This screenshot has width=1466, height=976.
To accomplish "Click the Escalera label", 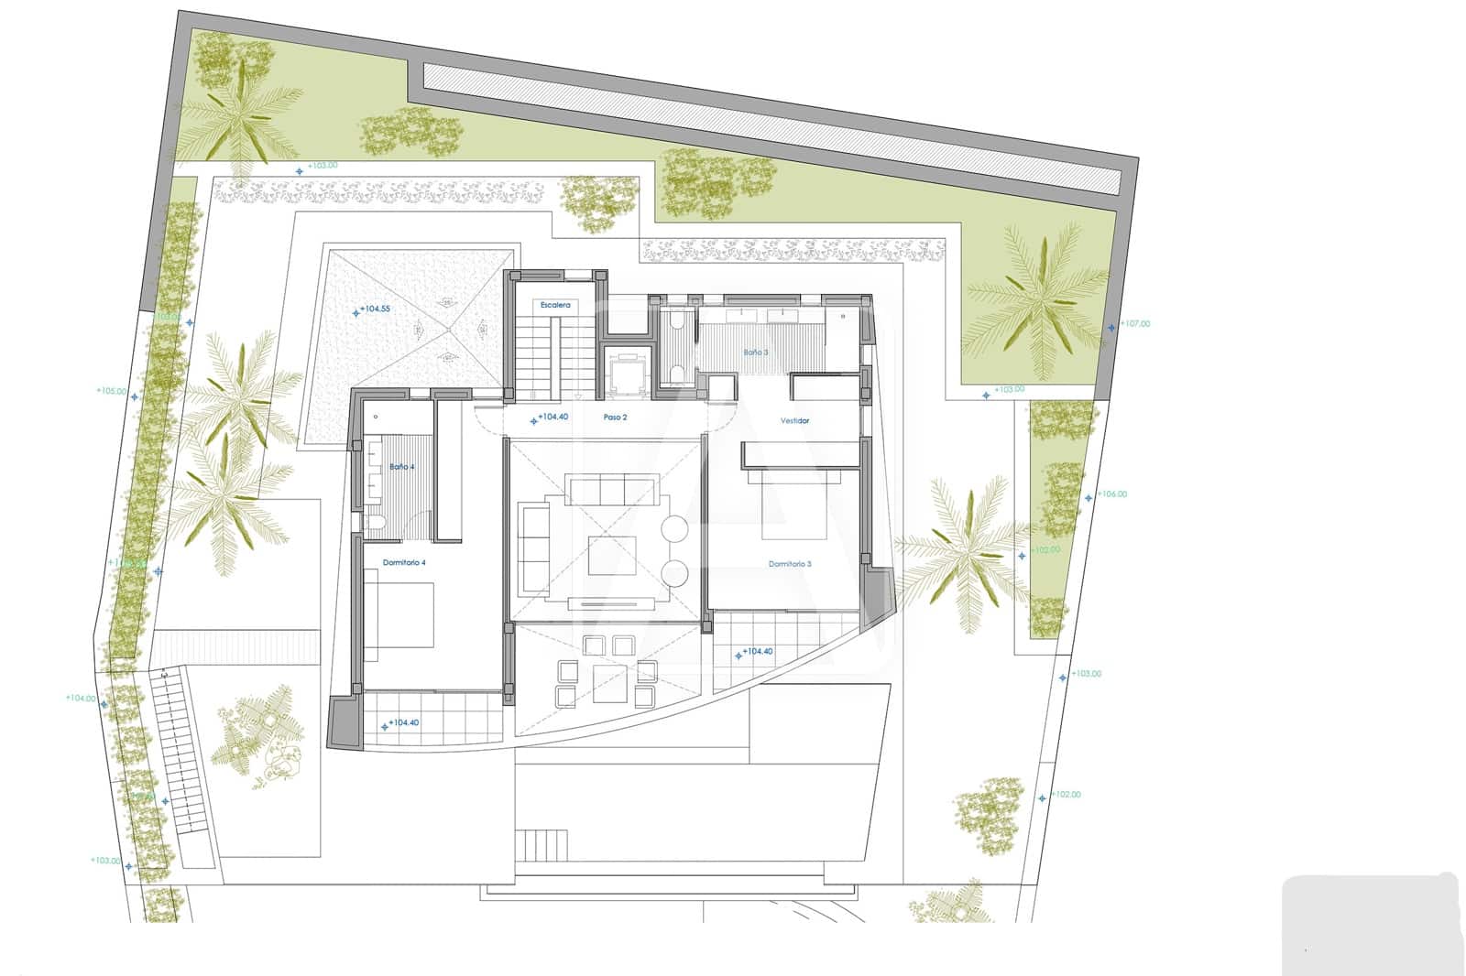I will (555, 304).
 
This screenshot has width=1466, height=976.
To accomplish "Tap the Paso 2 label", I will (615, 418).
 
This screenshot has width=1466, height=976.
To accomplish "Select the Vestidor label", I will (794, 421).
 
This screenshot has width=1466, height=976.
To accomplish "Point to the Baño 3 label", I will (756, 352).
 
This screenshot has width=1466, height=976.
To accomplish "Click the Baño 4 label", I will (401, 467).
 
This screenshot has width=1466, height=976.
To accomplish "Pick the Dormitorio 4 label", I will (404, 562).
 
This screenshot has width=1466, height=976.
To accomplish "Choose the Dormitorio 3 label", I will (790, 564).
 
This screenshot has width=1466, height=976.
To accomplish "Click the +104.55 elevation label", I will (374, 309).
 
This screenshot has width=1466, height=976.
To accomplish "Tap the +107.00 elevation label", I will (1134, 324).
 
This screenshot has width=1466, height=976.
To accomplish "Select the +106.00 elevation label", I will (1111, 494).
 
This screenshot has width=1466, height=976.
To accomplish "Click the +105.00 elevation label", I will (111, 391).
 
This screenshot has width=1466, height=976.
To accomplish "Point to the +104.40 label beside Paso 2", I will (552, 418).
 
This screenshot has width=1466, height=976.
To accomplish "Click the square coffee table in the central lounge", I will (612, 555).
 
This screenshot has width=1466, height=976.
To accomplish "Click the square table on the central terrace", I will (610, 683).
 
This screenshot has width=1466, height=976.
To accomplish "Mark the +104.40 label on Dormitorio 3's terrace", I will (757, 652).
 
